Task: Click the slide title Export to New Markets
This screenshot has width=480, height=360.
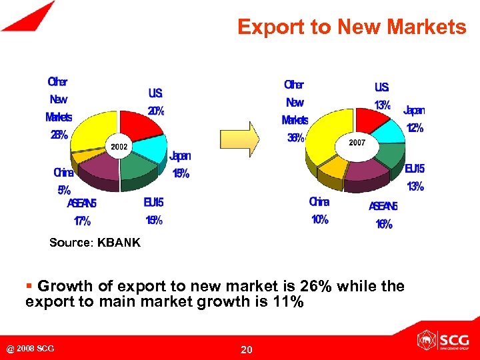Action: click(351, 27)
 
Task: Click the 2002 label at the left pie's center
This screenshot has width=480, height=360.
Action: click(119, 147)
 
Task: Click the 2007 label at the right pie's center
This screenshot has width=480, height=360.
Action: click(357, 143)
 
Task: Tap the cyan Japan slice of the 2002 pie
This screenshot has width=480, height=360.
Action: click(153, 147)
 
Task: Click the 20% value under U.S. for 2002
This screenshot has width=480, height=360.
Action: click(155, 111)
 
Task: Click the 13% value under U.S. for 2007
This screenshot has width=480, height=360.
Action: click(382, 105)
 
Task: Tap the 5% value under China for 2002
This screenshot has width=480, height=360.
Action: click(63, 189)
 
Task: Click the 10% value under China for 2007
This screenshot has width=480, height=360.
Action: click(319, 219)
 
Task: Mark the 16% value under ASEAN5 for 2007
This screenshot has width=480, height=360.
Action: click(383, 224)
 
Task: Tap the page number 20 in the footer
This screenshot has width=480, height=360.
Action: click(246, 349)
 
